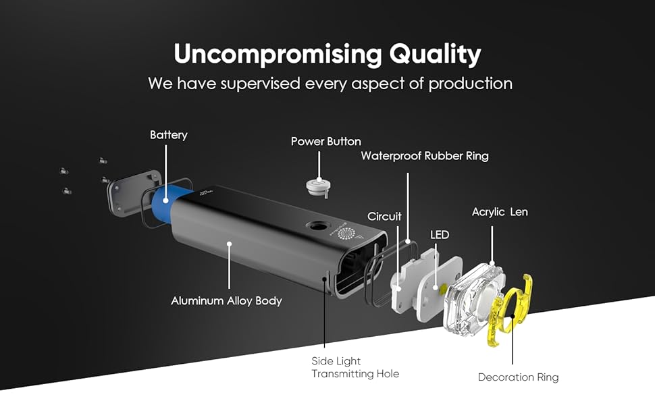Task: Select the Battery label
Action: [x=169, y=135]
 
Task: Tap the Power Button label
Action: [x=326, y=141]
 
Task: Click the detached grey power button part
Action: [x=316, y=186]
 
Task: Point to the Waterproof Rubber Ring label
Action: [x=425, y=156]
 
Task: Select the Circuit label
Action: [x=384, y=217]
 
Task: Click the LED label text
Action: [x=440, y=235]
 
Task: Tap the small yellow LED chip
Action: [x=442, y=289]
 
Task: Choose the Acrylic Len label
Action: [x=500, y=212]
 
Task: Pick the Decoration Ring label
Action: [x=518, y=377]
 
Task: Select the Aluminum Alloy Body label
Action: [x=226, y=300]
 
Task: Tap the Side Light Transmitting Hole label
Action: [x=355, y=367]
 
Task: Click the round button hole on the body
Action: [x=317, y=227]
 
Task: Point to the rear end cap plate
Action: [x=132, y=192]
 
